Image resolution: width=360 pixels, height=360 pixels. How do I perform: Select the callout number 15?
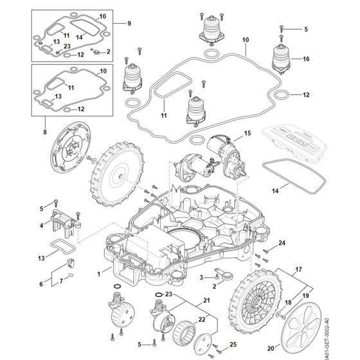click(246, 136)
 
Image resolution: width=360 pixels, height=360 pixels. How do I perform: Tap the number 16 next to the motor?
click(307, 59)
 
